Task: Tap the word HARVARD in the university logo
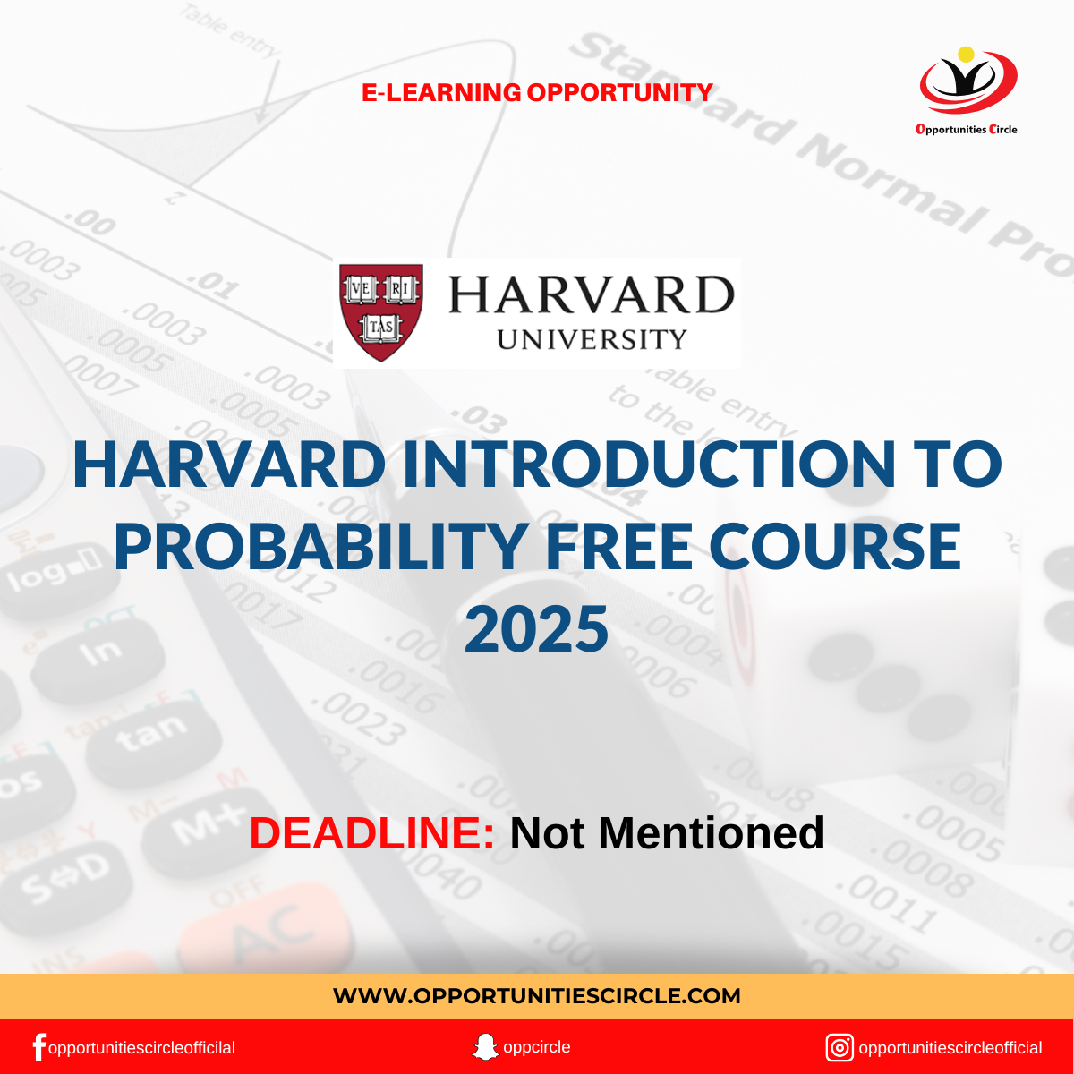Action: pyautogui.click(x=591, y=294)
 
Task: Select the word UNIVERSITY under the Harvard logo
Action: pyautogui.click(x=592, y=339)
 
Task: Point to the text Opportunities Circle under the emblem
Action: pyautogui.click(x=967, y=129)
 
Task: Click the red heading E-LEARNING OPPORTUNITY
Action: pyautogui.click(x=537, y=92)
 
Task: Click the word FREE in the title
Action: pyautogui.click(x=620, y=546)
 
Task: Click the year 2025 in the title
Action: pyautogui.click(x=537, y=628)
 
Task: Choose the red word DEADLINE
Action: pyautogui.click(x=371, y=833)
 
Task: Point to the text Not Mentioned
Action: pyautogui.click(x=667, y=833)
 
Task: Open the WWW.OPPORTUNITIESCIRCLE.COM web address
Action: pyautogui.click(x=537, y=995)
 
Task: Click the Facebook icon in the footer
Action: pyautogui.click(x=38, y=1047)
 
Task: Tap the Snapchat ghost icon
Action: pyautogui.click(x=485, y=1046)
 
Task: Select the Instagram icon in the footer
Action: pyautogui.click(x=840, y=1047)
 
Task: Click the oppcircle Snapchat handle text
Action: pyautogui.click(x=537, y=1046)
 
